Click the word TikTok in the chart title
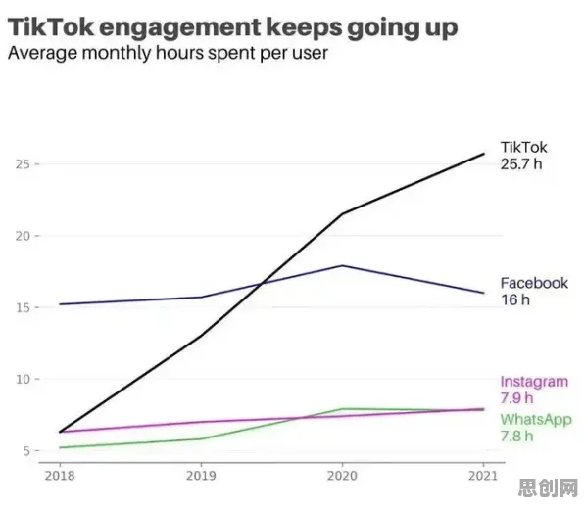(51, 26)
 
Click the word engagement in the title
(181, 29)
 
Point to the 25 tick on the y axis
(23, 164)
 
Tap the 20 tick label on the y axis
(23, 236)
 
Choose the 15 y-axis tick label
(23, 307)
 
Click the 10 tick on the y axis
(23, 379)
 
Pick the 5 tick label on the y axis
(26, 451)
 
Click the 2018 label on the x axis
(60, 476)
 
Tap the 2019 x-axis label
(201, 476)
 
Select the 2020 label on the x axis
(342, 476)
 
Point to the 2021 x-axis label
(483, 476)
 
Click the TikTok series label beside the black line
(523, 148)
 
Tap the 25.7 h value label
(521, 164)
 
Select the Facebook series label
(534, 283)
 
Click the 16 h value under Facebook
(515, 299)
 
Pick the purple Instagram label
(534, 382)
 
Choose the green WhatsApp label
(536, 420)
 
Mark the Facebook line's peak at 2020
(342, 265)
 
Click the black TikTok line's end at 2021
(484, 154)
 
